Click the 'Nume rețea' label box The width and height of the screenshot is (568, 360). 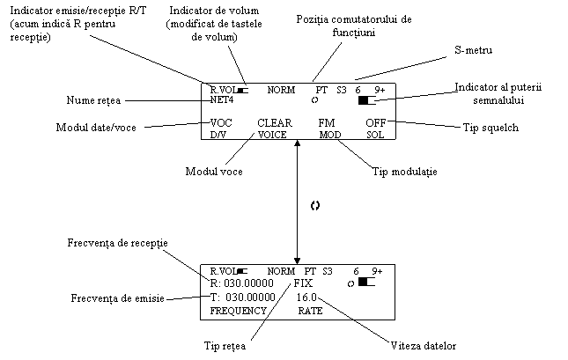click(93, 101)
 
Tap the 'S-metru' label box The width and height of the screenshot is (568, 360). click(474, 53)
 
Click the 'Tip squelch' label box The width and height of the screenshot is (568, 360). click(491, 129)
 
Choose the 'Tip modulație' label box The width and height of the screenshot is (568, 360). click(404, 173)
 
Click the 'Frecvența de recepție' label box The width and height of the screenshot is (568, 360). click(118, 242)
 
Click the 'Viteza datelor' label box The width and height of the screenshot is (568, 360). click(424, 345)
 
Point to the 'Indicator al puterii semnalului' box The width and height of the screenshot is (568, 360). click(486, 93)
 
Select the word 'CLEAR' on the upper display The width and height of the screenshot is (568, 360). click(274, 123)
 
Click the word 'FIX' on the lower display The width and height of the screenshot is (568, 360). click(303, 285)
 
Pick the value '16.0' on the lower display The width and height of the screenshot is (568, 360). click(307, 298)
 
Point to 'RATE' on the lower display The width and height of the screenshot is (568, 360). click(310, 312)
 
